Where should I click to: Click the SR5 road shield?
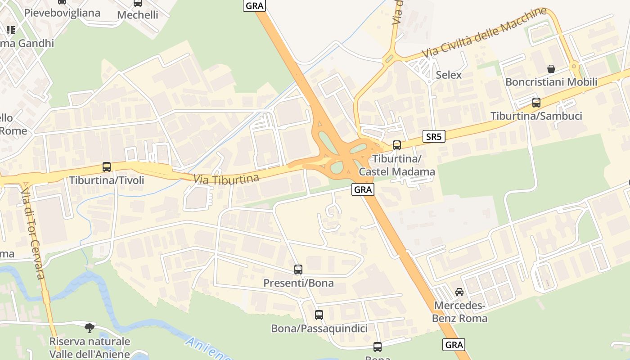tap(434, 137)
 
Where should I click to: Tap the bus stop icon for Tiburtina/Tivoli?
tap(107, 167)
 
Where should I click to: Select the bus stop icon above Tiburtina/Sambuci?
tap(536, 103)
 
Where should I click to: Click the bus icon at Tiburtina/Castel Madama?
tap(396, 145)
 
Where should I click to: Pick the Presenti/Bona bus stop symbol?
tap(298, 270)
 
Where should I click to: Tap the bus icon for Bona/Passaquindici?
tap(319, 315)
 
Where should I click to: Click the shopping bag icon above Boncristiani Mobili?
tap(551, 69)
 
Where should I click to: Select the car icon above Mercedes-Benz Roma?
tap(459, 292)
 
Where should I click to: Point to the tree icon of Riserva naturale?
tap(90, 327)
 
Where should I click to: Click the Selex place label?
tap(449, 75)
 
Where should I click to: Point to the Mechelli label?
tap(137, 15)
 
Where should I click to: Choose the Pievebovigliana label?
tap(62, 13)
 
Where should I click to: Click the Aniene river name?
tap(208, 349)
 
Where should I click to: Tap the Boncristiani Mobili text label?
tap(551, 82)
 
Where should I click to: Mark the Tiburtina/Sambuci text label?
tap(536, 116)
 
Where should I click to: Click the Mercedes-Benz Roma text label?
tap(459, 312)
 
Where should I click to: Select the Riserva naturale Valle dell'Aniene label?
tap(90, 347)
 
